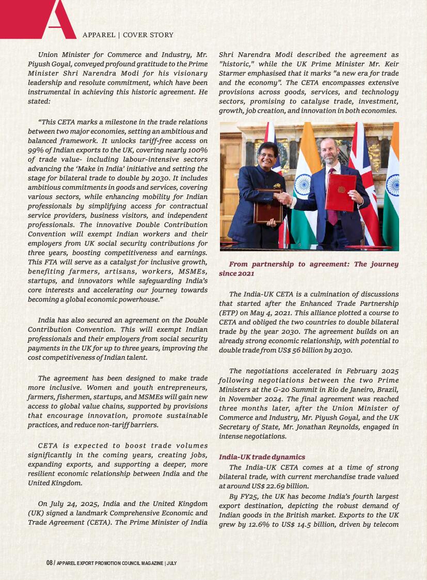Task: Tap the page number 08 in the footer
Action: click(50, 563)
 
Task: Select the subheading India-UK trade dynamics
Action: click(262, 457)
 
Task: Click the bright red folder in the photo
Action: click(340, 192)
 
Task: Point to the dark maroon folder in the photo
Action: click(267, 205)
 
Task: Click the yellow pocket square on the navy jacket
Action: click(277, 186)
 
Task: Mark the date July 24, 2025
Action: click(72, 503)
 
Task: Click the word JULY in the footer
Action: click(172, 563)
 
